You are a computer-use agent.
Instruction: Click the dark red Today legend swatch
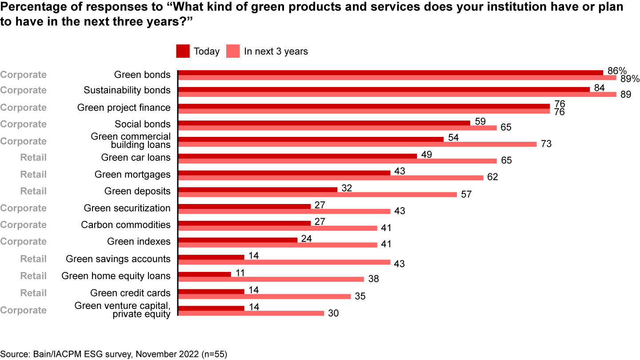(x=183, y=51)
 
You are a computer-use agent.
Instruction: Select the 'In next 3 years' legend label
(x=276, y=51)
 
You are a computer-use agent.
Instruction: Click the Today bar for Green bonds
(x=390, y=72)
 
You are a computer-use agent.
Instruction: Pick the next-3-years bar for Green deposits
(x=317, y=194)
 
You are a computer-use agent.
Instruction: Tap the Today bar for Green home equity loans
(x=204, y=274)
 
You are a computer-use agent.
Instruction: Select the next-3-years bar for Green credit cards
(x=264, y=296)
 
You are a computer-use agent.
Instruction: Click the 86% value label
(x=617, y=71)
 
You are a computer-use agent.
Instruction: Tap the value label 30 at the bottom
(x=333, y=313)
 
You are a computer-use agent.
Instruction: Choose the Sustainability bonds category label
(x=127, y=90)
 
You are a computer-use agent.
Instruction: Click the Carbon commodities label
(x=125, y=225)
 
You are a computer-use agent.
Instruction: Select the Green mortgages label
(x=132, y=174)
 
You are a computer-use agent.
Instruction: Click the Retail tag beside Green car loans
(x=33, y=157)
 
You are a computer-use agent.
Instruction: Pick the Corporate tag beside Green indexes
(x=23, y=242)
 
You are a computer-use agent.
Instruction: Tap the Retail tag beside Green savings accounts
(x=33, y=259)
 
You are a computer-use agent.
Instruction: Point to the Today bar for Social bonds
(x=324, y=123)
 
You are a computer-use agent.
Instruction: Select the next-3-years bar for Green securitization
(x=284, y=211)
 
